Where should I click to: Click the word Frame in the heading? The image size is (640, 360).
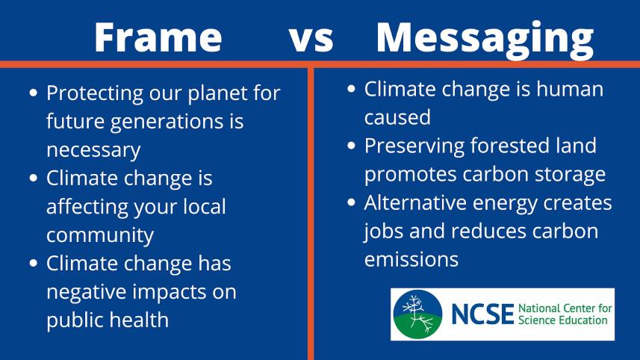point(158,37)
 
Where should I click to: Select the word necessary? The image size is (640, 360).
point(93,150)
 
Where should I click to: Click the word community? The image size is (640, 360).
point(100,235)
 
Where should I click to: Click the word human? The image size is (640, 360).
point(569,90)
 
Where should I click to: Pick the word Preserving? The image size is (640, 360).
point(417,146)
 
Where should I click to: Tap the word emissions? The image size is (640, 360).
point(411,259)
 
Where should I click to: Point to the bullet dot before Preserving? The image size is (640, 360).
point(352,146)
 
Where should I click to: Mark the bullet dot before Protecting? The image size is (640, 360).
point(34,94)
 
